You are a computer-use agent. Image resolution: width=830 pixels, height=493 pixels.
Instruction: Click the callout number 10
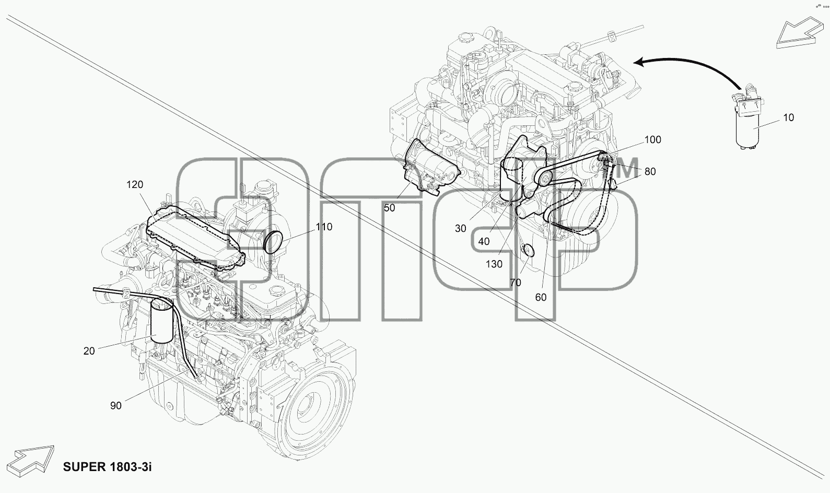coord(789,118)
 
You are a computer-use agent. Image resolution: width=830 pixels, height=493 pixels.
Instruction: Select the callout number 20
coord(89,351)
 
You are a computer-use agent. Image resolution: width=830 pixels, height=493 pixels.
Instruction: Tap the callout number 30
coord(460,229)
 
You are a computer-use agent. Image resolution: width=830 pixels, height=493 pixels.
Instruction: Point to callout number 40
coord(484,241)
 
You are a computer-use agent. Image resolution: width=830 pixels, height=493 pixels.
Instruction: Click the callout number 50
coord(390,208)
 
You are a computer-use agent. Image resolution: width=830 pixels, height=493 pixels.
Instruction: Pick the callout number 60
coord(541,298)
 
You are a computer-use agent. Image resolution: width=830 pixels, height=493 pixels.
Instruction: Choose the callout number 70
coord(516,283)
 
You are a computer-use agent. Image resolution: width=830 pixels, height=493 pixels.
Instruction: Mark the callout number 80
coord(650,171)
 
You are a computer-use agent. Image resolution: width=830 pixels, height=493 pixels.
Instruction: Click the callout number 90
coord(115,406)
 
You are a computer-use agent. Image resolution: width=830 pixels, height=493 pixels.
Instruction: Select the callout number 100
coord(652,139)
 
